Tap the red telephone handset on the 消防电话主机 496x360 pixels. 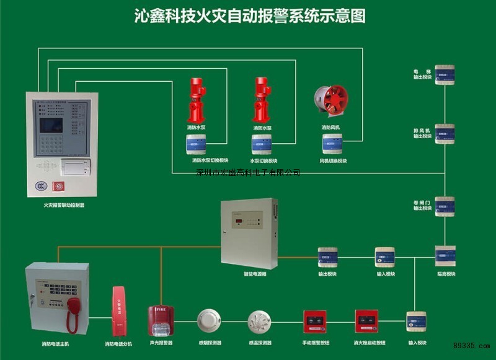(x=73, y=310)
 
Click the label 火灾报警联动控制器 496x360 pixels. (x=63, y=204)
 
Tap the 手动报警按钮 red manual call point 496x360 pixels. (x=314, y=321)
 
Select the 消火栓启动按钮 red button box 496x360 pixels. (x=366, y=321)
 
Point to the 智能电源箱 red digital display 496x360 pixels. (x=239, y=221)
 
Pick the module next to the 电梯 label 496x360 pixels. (x=445, y=75)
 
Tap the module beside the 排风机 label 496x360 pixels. (x=445, y=134)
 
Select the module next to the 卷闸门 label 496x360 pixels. (x=445, y=206)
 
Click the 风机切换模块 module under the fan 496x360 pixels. (x=332, y=144)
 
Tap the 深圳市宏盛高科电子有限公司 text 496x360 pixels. (x=248, y=172)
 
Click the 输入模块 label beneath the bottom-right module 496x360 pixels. (x=417, y=343)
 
